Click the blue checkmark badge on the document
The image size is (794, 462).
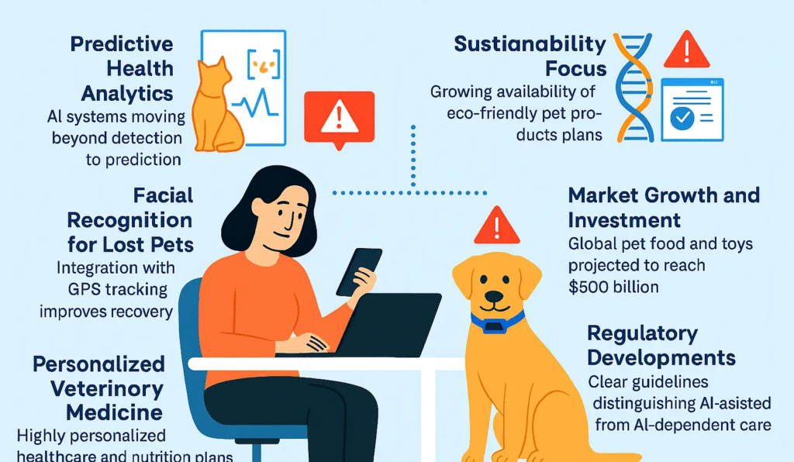click(680, 119)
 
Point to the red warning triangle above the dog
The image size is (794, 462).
click(497, 227)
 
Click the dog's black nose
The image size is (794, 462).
click(493, 295)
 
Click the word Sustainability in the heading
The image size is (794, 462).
click(530, 43)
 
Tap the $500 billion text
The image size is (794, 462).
click(613, 287)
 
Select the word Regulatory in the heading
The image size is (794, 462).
click(643, 334)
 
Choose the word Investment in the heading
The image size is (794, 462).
click(624, 219)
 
